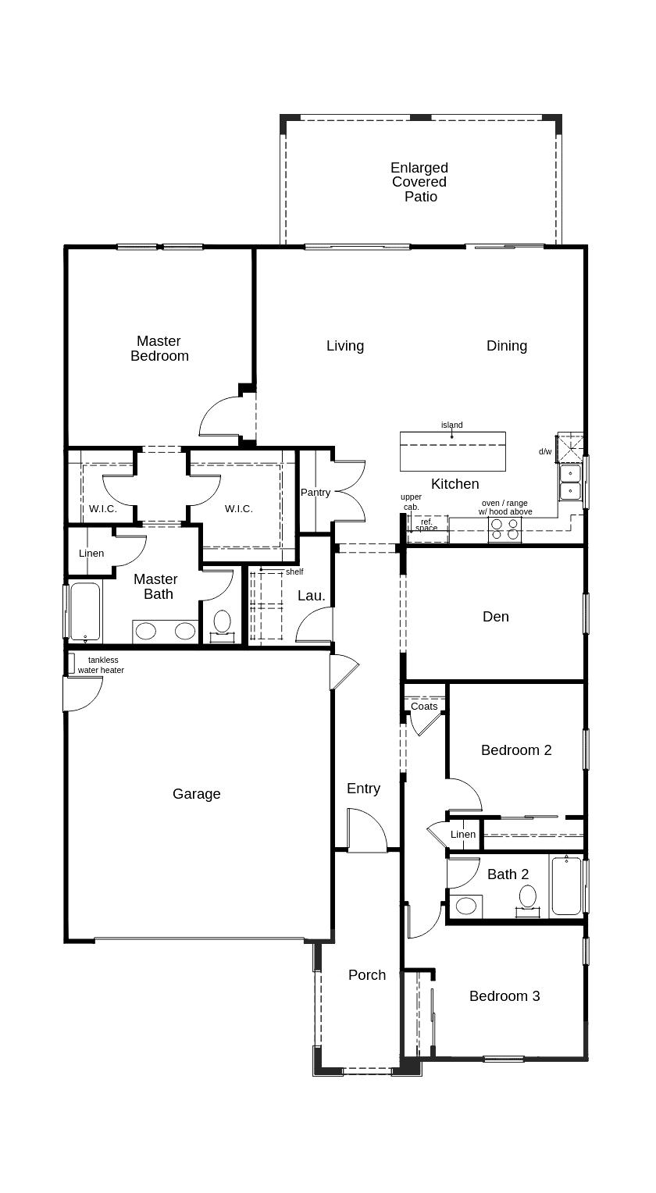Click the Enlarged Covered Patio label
[419, 182]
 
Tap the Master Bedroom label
[159, 348]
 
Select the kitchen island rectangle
[453, 451]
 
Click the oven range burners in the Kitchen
[504, 529]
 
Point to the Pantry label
[316, 493]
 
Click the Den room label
[496, 617]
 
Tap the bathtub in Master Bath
[85, 612]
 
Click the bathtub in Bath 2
[566, 885]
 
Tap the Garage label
[197, 794]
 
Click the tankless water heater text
[102, 665]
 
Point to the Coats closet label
[424, 707]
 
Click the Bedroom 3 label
[504, 996]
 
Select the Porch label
[367, 974]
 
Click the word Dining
[507, 346]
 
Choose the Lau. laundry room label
[312, 596]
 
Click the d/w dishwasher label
[545, 451]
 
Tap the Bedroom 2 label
[516, 750]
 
